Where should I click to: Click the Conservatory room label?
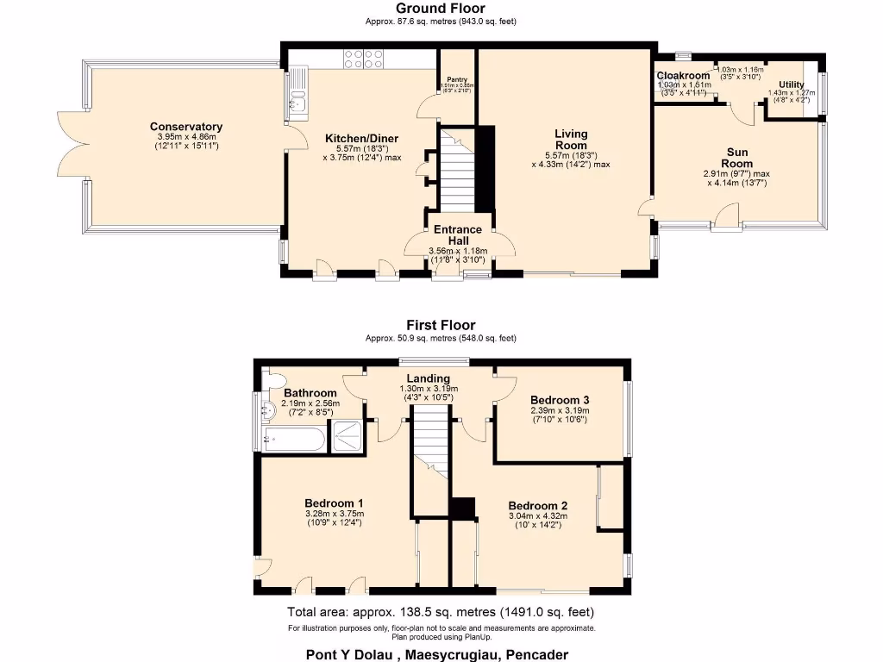click(x=185, y=127)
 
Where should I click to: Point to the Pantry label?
click(x=457, y=79)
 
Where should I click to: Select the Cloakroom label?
click(x=683, y=76)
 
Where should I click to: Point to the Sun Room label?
click(x=736, y=158)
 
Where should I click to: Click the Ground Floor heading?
click(x=441, y=9)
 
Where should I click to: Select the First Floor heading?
click(x=441, y=325)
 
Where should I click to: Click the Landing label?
click(x=429, y=378)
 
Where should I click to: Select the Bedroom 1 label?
click(x=334, y=503)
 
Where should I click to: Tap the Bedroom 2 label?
click(x=537, y=505)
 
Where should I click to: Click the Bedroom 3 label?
click(x=560, y=400)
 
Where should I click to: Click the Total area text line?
click(x=441, y=612)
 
